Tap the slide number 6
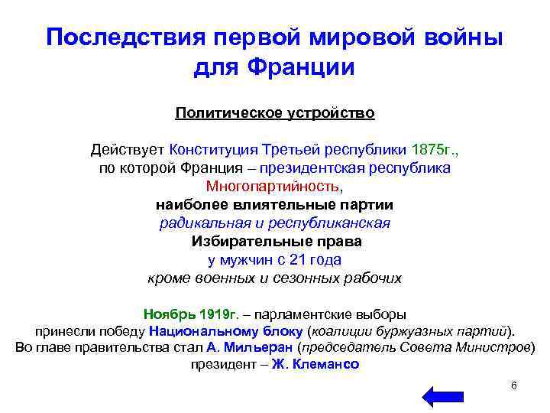[x=514, y=385]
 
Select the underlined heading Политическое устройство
[x=275, y=113]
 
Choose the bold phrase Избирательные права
[x=275, y=241]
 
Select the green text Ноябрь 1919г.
[x=191, y=314]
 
